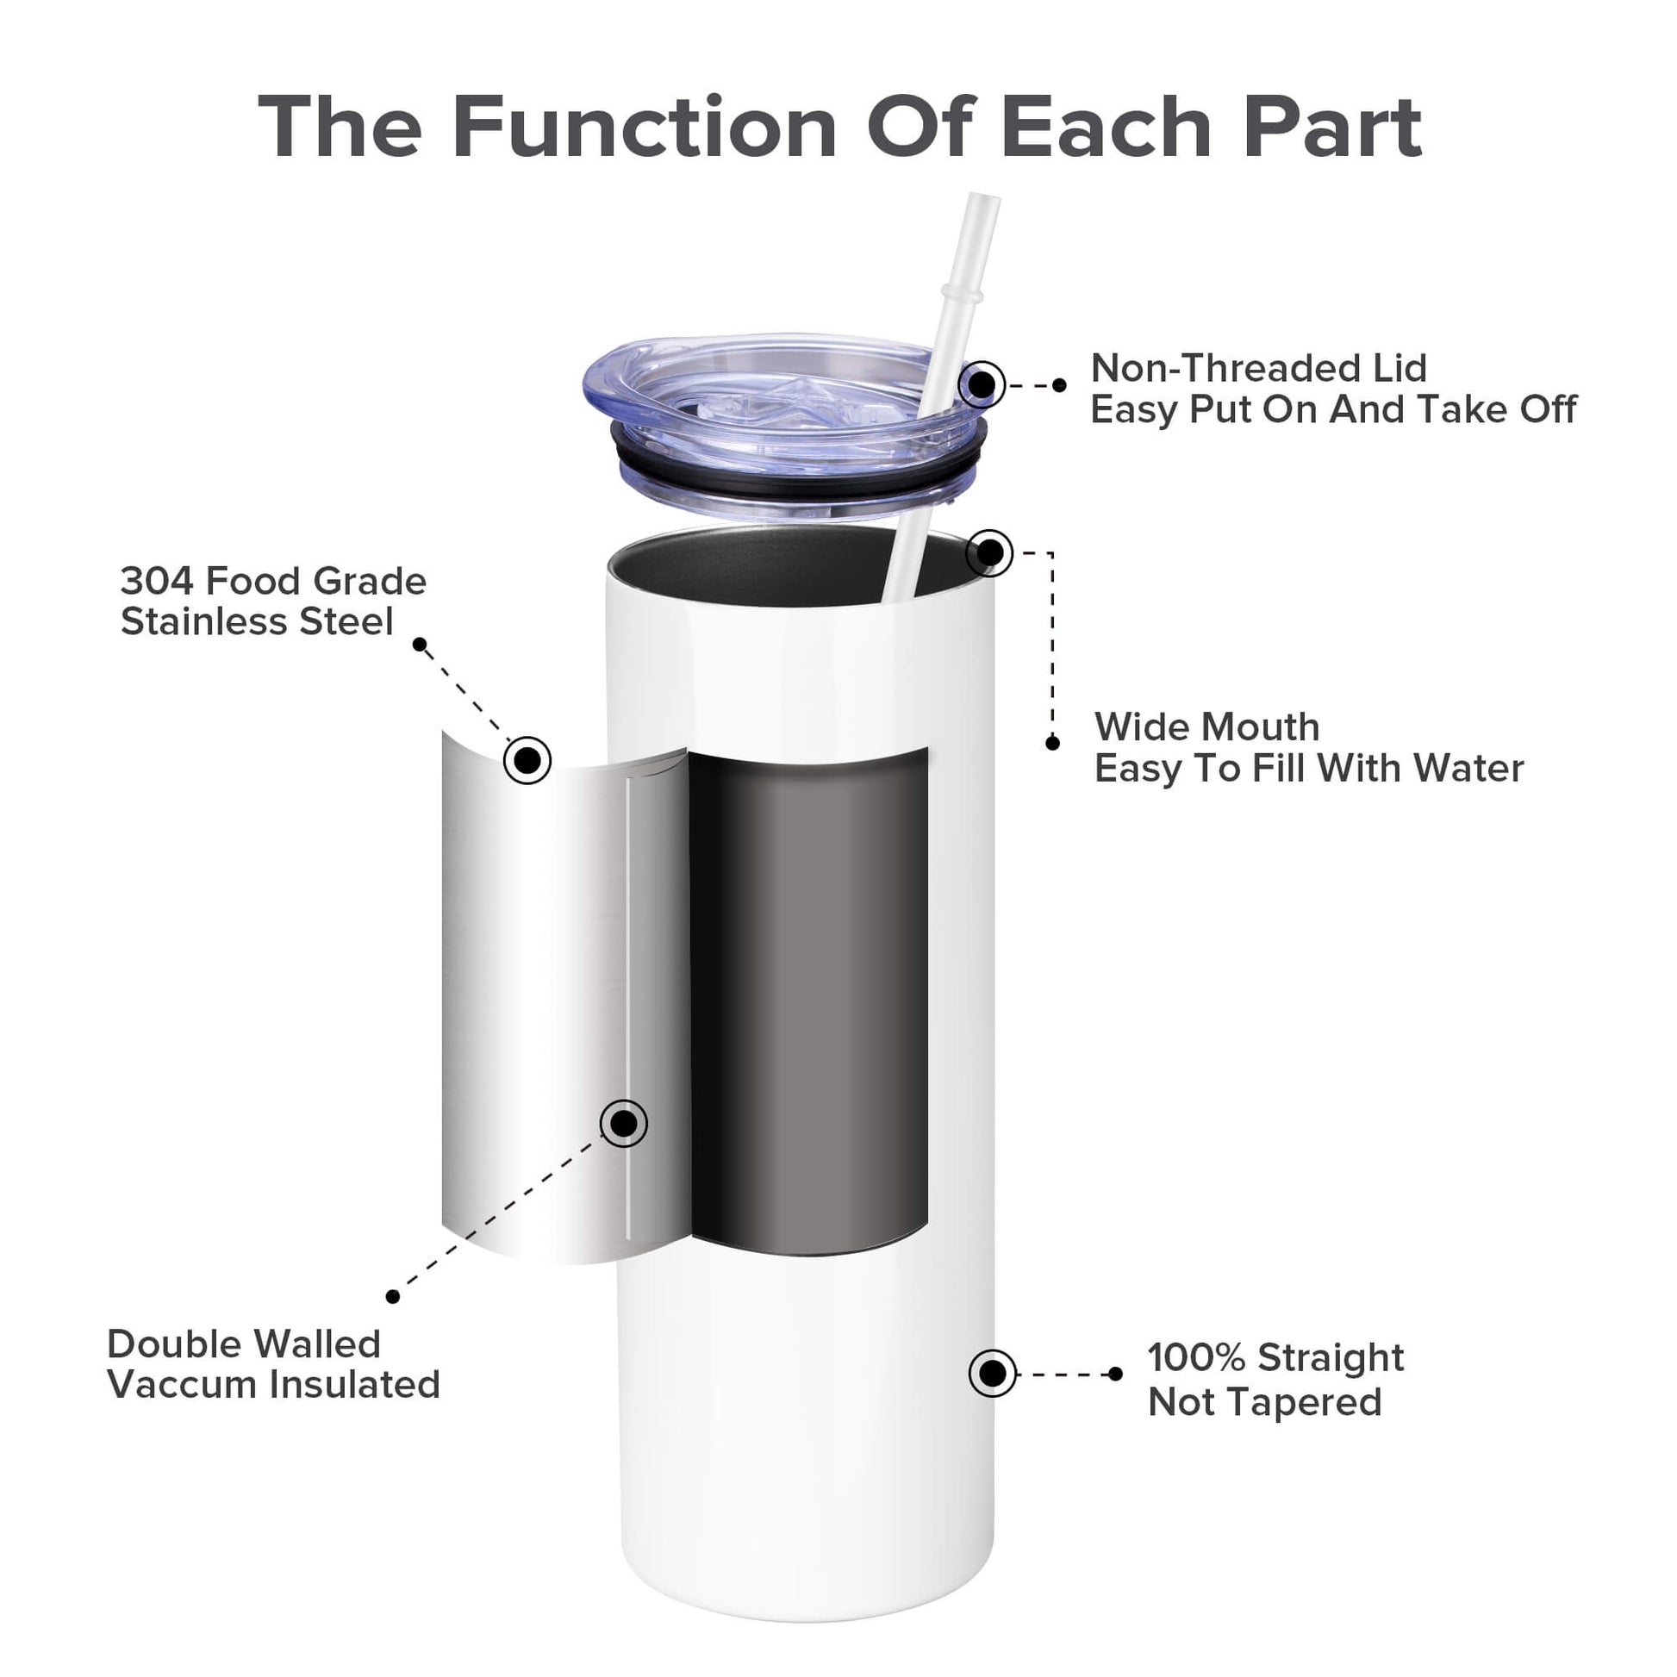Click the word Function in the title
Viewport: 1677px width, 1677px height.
pos(644,128)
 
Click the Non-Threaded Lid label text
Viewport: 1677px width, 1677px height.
pos(1259,368)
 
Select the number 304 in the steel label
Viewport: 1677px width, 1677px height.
pos(156,581)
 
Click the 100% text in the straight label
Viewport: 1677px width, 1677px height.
pos(1197,1356)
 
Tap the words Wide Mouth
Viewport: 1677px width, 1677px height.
pos(1206,726)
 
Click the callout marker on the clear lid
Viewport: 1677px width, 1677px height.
pos(982,383)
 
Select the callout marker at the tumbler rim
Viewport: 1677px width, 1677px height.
pos(989,552)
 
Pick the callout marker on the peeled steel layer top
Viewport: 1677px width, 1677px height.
pos(527,760)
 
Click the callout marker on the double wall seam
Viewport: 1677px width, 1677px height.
pos(623,1123)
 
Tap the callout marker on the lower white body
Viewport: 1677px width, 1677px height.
pos(992,1373)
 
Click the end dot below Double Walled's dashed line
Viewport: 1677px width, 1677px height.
pos(392,1297)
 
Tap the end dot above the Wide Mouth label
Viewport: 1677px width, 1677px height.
pos(1052,743)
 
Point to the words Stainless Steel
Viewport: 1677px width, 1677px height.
pos(257,621)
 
